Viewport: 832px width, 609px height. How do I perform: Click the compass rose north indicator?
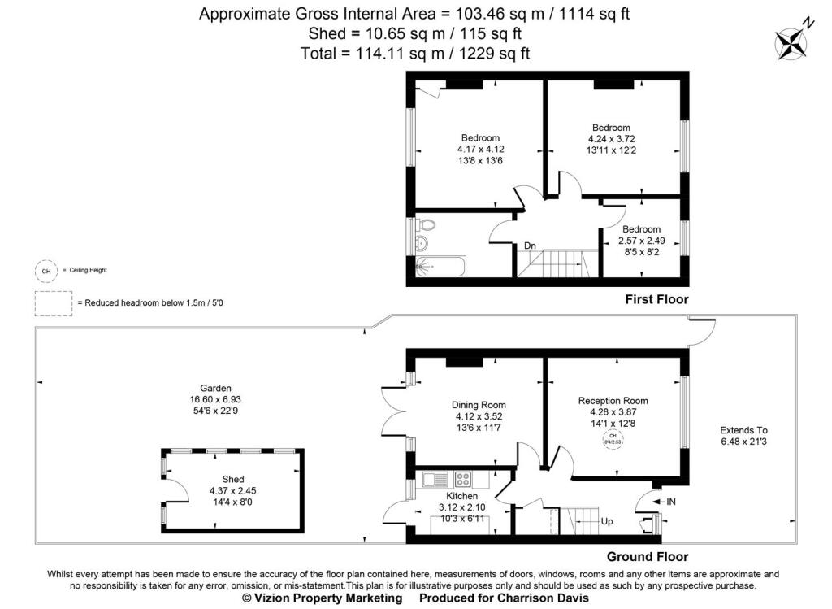791,41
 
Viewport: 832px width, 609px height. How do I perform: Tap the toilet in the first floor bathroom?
425,227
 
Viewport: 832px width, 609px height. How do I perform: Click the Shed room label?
232,479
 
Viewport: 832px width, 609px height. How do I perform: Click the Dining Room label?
479,405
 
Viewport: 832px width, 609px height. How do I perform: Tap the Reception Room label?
613,400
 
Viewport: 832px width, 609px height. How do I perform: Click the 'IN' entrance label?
670,502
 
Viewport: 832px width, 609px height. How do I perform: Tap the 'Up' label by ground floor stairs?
605,520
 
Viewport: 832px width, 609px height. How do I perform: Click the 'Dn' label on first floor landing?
530,246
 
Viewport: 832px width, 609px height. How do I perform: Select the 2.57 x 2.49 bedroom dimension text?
641,241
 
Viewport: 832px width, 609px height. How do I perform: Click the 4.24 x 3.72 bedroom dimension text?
611,139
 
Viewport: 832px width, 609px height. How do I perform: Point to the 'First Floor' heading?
656,299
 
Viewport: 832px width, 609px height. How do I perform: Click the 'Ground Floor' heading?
648,557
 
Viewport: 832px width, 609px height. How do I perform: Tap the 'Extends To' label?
743,430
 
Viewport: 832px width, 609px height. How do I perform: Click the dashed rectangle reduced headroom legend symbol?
53,303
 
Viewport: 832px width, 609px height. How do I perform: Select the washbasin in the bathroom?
421,244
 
